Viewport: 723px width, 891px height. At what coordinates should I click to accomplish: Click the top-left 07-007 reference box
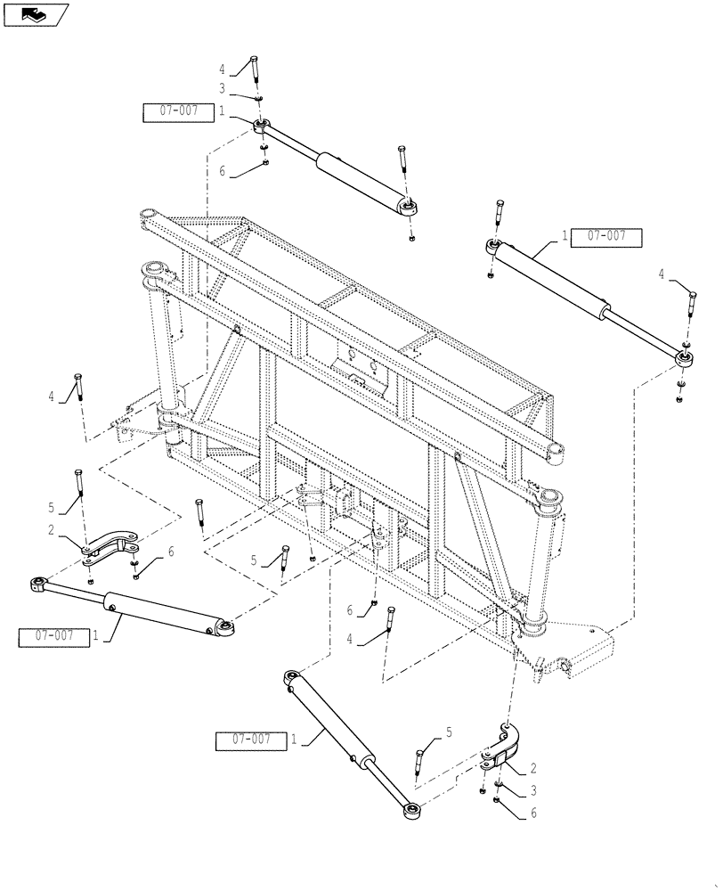coord(178,111)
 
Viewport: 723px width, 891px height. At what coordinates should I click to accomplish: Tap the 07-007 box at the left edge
coord(53,636)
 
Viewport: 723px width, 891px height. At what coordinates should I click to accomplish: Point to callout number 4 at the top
coord(223,68)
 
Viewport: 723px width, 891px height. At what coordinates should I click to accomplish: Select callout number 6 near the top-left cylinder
coord(223,171)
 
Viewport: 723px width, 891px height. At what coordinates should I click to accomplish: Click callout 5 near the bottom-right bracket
coord(449,732)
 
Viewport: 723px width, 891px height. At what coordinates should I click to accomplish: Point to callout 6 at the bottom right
coord(534,812)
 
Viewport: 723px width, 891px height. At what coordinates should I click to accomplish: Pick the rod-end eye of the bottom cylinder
coord(411,810)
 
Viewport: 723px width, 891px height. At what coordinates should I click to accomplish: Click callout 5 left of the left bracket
coord(52,507)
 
